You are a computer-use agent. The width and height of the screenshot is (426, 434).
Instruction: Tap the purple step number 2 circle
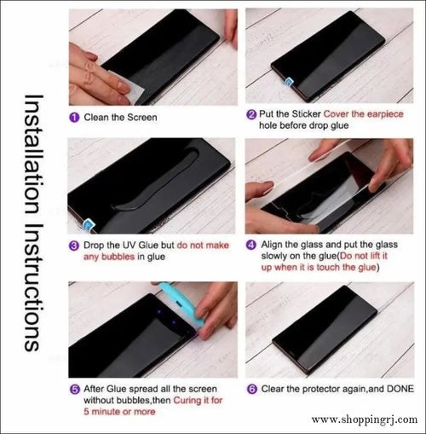(x=250, y=113)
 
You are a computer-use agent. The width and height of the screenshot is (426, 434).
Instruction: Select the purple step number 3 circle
(x=74, y=246)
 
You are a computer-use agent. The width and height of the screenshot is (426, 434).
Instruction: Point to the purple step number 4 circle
(x=250, y=246)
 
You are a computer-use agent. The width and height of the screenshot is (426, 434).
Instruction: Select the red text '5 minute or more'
(x=118, y=412)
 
